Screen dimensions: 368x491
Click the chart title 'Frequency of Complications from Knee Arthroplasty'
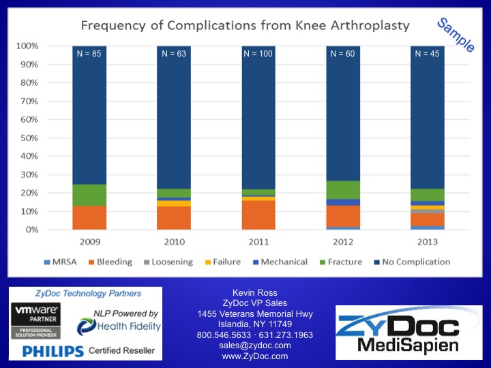tap(245, 27)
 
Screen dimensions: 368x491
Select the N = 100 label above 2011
tap(258, 53)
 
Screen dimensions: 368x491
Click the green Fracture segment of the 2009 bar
tap(89, 195)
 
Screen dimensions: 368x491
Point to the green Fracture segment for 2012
tap(344, 190)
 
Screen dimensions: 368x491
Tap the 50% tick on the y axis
tap(28, 138)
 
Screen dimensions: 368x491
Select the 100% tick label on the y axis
tap(26, 46)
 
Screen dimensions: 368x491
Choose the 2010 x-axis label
tap(175, 241)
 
